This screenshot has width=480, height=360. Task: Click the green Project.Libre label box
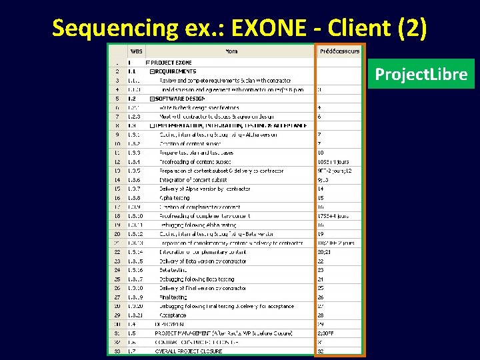click(x=421, y=74)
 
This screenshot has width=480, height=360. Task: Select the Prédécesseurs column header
click(x=339, y=51)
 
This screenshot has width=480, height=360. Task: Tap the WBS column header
click(x=136, y=51)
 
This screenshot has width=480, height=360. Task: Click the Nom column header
click(x=231, y=51)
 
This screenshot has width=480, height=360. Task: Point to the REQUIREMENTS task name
click(x=175, y=71)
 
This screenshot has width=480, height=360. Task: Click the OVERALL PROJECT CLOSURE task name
click(x=188, y=351)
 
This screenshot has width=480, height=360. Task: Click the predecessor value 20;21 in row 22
click(x=324, y=252)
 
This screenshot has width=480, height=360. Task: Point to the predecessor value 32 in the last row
click(x=321, y=351)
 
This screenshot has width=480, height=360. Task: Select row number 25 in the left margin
click(x=117, y=279)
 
